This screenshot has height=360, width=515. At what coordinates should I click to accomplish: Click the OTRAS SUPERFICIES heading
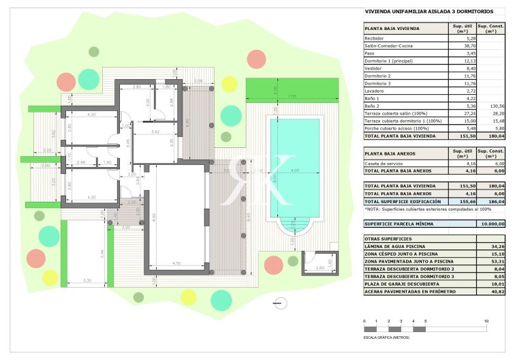tap(388, 257)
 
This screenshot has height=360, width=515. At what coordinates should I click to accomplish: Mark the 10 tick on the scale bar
tap(486, 320)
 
